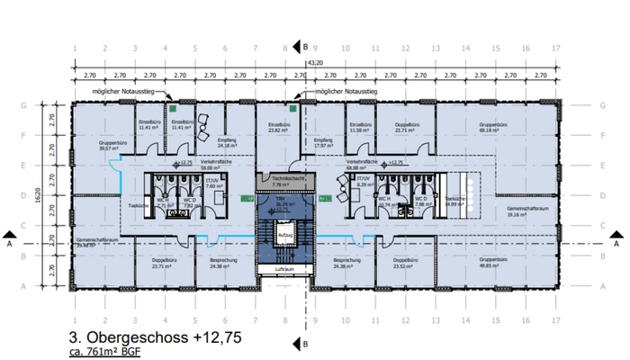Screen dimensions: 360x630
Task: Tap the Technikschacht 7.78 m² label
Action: coord(284,182)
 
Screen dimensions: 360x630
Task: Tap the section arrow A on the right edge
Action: coord(617,242)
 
